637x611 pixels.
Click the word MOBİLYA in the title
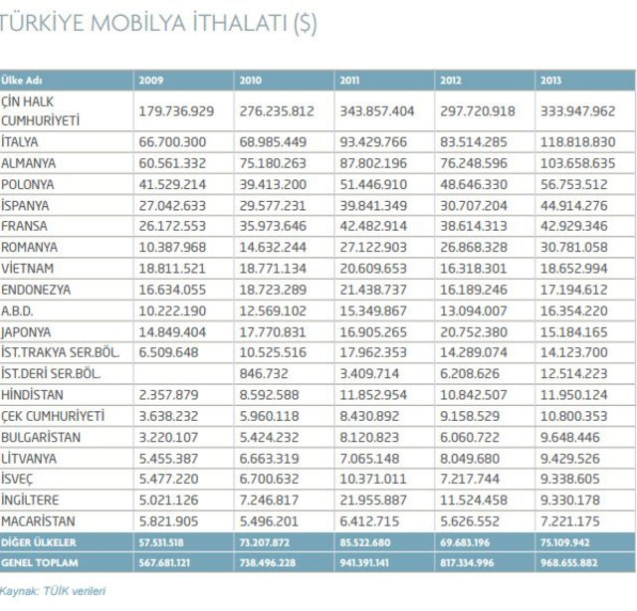click(138, 22)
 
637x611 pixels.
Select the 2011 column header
click(349, 81)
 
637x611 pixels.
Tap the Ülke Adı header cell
click(22, 81)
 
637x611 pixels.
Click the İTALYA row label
click(20, 141)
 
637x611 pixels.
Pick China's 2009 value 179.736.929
click(176, 110)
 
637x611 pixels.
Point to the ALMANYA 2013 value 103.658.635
click(577, 163)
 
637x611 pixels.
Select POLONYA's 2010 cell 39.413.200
click(273, 184)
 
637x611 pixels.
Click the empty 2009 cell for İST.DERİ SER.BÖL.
click(183, 374)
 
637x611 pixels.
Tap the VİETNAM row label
click(27, 268)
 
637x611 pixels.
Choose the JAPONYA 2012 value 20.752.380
click(474, 332)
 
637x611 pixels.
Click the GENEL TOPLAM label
click(40, 562)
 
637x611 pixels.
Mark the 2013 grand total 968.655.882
click(568, 562)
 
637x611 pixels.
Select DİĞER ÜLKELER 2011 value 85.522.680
click(365, 542)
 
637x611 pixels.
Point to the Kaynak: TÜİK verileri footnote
click(53, 591)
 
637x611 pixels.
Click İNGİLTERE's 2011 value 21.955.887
click(373, 500)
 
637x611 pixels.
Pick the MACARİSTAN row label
click(38, 520)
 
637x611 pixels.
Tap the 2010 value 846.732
click(264, 373)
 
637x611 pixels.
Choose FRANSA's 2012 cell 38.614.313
click(474, 226)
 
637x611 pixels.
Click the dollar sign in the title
click(306, 23)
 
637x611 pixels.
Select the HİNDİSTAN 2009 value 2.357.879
click(168, 394)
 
